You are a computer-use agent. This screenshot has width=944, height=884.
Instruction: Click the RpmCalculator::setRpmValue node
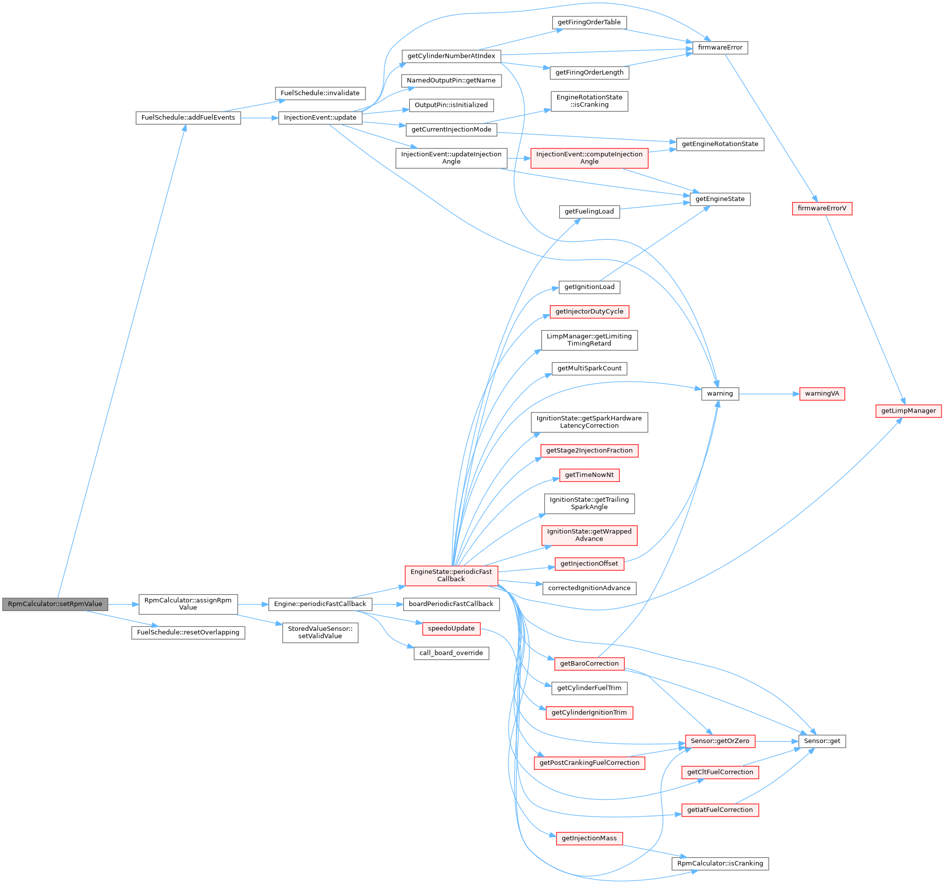click(x=55, y=604)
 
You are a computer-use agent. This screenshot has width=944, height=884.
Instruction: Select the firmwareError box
click(x=720, y=48)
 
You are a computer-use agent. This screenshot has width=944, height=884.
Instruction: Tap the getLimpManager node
click(x=908, y=411)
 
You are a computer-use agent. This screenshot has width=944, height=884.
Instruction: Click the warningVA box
click(x=822, y=394)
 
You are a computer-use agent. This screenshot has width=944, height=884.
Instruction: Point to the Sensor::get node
click(x=822, y=741)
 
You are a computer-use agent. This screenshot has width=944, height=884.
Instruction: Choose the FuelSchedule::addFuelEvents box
click(x=188, y=118)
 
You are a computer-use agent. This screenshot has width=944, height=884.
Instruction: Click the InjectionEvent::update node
click(x=320, y=118)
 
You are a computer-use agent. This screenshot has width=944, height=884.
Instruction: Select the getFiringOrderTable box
click(x=589, y=22)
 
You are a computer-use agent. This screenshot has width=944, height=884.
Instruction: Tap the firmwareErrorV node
click(x=822, y=208)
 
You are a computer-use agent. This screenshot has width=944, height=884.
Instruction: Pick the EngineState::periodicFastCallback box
click(x=451, y=575)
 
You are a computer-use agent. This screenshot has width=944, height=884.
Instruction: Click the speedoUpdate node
click(x=451, y=628)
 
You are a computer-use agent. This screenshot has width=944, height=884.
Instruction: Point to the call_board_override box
click(x=451, y=653)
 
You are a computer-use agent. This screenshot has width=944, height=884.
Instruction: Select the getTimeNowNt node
click(x=589, y=475)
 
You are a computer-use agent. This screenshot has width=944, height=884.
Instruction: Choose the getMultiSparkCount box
click(x=589, y=368)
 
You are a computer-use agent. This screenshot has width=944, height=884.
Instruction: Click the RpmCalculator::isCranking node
click(x=720, y=864)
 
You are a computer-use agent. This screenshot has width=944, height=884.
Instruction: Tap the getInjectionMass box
click(x=589, y=838)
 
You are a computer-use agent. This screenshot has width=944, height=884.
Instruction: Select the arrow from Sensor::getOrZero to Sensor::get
click(x=777, y=742)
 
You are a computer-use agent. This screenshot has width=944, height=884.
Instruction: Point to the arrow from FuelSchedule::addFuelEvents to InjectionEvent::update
click(x=259, y=118)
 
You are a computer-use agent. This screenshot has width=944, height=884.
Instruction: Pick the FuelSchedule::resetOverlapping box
click(x=188, y=632)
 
